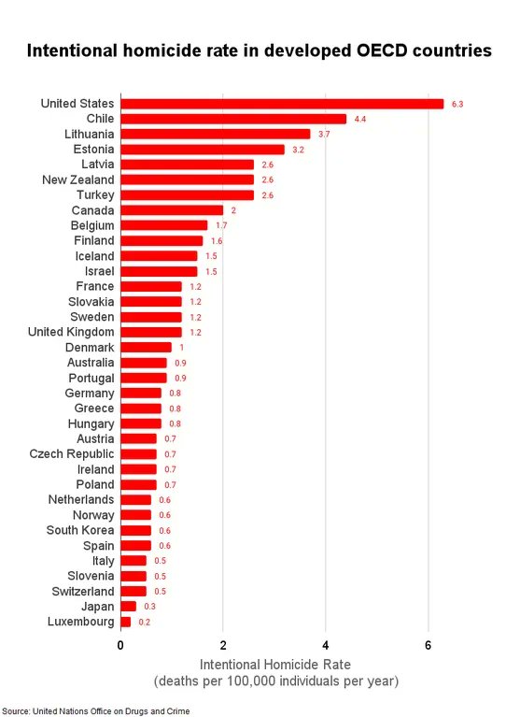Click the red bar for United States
point(282,104)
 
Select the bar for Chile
point(233,119)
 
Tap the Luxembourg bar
point(126,622)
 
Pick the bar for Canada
point(172,210)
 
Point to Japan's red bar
point(129,607)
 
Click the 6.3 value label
point(457,105)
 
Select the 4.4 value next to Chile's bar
point(360,120)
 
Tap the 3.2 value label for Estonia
point(298,150)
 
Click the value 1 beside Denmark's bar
point(182,348)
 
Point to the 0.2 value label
point(145,622)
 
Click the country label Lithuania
point(89,134)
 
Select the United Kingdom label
point(71,332)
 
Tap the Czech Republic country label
point(72,454)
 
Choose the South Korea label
point(80,530)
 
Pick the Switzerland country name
point(83,591)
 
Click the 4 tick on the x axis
point(326,645)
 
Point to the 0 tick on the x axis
point(120,645)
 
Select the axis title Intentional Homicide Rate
point(275,665)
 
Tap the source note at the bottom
point(96,711)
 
